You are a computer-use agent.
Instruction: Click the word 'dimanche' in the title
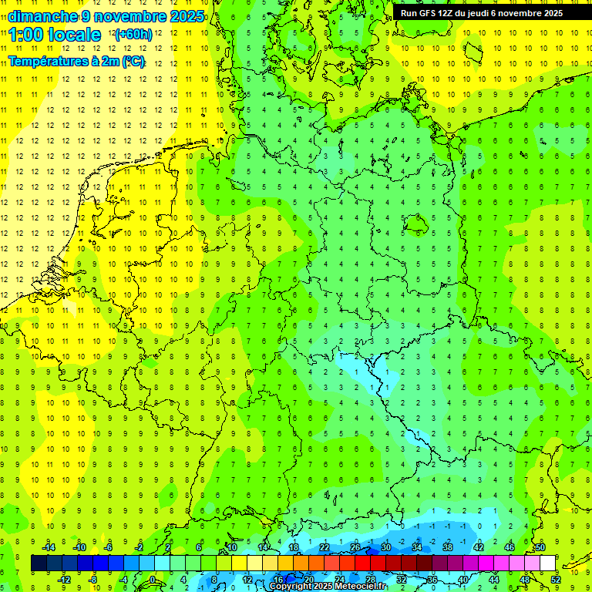pos(42,16)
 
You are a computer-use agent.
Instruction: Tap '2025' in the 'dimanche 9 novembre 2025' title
pos(187,16)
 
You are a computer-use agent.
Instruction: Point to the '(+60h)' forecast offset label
pos(133,35)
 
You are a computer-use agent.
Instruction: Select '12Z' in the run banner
pos(449,13)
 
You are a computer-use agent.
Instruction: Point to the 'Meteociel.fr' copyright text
pos(356,587)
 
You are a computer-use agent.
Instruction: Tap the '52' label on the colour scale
pos(556,580)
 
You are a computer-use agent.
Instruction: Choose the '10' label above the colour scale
pos(231,547)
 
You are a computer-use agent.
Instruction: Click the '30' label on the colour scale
pos(385,547)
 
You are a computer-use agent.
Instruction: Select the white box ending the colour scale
pos(547,563)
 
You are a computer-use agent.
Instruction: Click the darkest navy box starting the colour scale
pos(39,563)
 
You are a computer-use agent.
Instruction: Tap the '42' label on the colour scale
pos(478,547)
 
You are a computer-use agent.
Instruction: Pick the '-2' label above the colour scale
pos(139,547)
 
